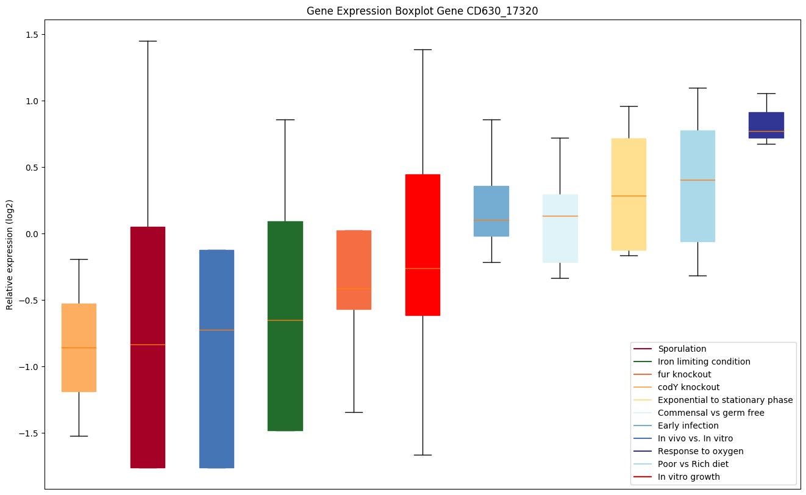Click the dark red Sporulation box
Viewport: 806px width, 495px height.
[148, 347]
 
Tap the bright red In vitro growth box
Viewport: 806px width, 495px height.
[423, 244]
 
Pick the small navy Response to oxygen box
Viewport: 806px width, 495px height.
[766, 125]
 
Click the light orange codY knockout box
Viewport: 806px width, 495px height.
[79, 347]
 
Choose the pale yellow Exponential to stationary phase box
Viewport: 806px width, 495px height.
[629, 194]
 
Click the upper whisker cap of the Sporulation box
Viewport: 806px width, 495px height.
[148, 41]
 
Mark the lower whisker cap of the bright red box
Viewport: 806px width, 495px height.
[423, 455]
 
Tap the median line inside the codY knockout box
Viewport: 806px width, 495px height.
[79, 347]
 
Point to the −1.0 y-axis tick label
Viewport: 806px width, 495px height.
[29, 367]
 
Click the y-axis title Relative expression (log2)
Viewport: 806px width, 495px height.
[9, 254]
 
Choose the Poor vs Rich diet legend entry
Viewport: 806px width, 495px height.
[693, 464]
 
